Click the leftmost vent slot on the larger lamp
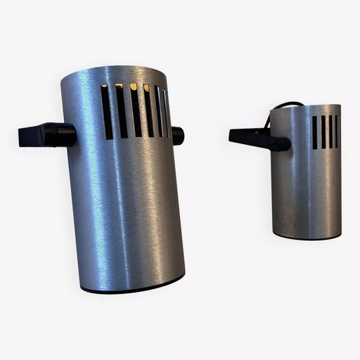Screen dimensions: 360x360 [x=106, y=111]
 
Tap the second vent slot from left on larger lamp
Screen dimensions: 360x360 [x=121, y=110]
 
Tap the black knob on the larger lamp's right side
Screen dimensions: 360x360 [x=178, y=135]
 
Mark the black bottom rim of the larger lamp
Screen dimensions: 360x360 [x=134, y=286]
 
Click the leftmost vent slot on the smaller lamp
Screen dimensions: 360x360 [x=314, y=132]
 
